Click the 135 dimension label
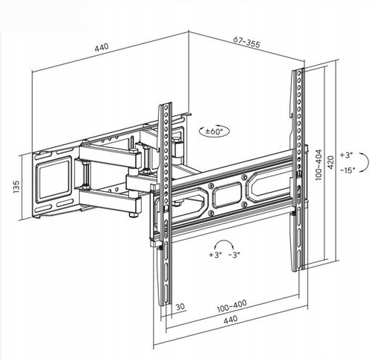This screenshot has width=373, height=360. [x=16, y=187]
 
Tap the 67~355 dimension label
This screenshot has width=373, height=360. [x=247, y=43]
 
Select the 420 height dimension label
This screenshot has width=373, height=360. [x=331, y=162]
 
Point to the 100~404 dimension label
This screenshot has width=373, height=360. [x=319, y=164]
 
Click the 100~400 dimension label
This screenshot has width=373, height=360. [x=232, y=305]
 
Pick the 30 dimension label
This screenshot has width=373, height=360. [x=181, y=307]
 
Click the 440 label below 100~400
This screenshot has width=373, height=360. [x=231, y=320]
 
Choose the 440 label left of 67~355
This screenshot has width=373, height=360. [x=101, y=47]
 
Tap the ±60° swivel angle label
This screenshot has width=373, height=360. [x=213, y=131]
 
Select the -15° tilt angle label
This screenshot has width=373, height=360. [x=348, y=170]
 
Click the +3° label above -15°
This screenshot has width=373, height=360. [x=346, y=155]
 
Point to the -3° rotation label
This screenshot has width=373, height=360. [x=234, y=255]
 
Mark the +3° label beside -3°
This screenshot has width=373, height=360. [x=215, y=255]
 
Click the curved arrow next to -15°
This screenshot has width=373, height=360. [x=368, y=163]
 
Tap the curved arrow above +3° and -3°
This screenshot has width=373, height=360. [x=225, y=240]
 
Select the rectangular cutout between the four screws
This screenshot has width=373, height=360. [x=228, y=195]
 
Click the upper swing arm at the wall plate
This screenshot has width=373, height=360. [x=108, y=156]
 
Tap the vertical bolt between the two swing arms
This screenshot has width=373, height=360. [x=87, y=173]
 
